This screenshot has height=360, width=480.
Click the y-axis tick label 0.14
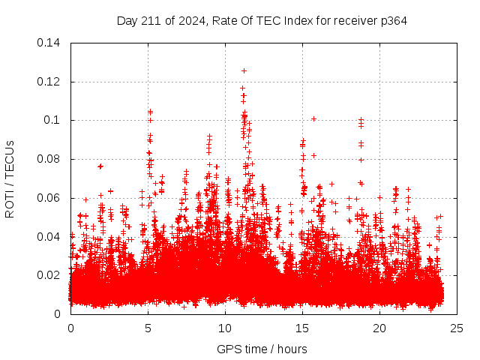click(49, 43)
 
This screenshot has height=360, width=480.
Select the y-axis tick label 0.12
click(49, 82)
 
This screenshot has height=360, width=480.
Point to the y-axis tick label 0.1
click(53, 120)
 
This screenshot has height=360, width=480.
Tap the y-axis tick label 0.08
click(49, 159)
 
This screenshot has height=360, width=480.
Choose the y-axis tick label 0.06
click(49, 198)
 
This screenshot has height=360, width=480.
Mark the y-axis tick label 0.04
click(49, 237)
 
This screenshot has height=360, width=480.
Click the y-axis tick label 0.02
click(49, 275)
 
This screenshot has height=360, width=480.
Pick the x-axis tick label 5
click(148, 328)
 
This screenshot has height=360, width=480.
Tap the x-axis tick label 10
click(225, 328)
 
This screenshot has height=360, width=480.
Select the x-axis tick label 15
click(302, 328)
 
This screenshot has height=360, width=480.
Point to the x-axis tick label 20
click(379, 328)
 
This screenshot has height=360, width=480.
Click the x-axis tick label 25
click(457, 328)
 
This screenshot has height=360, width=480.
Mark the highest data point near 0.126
click(244, 70)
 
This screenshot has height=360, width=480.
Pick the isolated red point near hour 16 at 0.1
click(313, 118)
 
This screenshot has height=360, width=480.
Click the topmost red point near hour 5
click(150, 112)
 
